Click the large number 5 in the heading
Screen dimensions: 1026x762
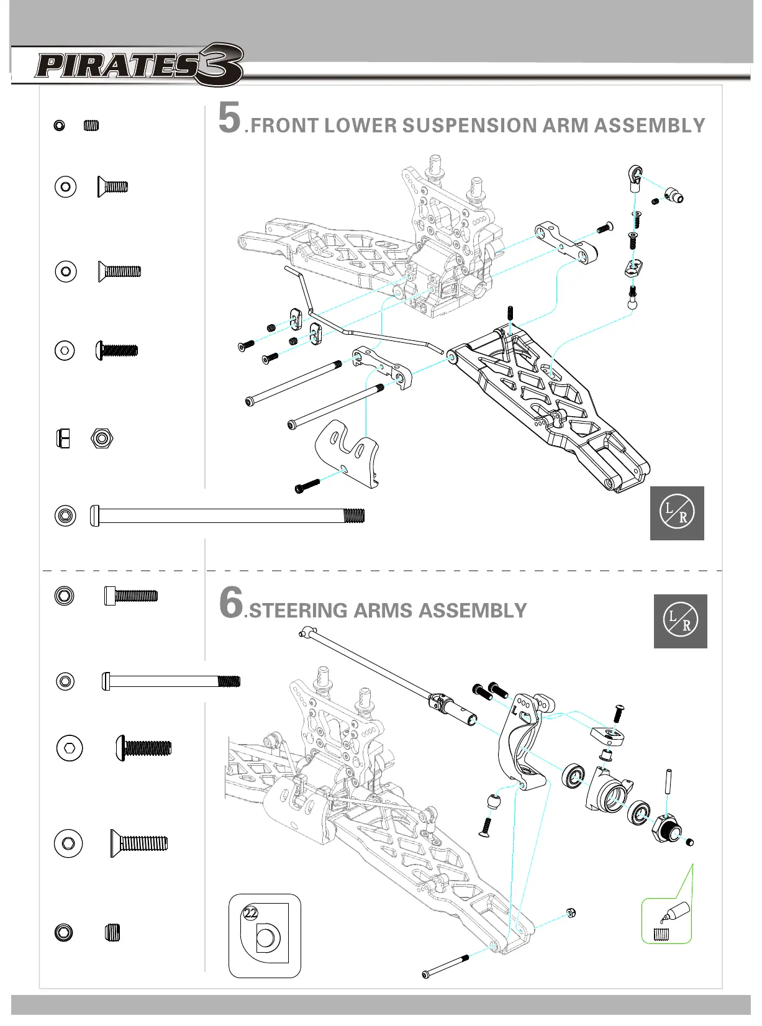[229, 118]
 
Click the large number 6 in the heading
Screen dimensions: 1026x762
[231, 602]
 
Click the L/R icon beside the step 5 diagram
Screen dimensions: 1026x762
[677, 513]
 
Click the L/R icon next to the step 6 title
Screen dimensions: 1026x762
[680, 621]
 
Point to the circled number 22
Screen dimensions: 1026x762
[250, 912]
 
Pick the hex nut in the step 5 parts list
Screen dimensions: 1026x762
[101, 438]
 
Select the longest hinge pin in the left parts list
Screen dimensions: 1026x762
[227, 515]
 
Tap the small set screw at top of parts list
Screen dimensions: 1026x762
[91, 125]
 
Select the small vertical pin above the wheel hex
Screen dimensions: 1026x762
[669, 782]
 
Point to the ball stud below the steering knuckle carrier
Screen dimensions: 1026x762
[495, 801]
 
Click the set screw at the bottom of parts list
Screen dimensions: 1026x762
[112, 932]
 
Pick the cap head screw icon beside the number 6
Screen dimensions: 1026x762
[131, 596]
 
